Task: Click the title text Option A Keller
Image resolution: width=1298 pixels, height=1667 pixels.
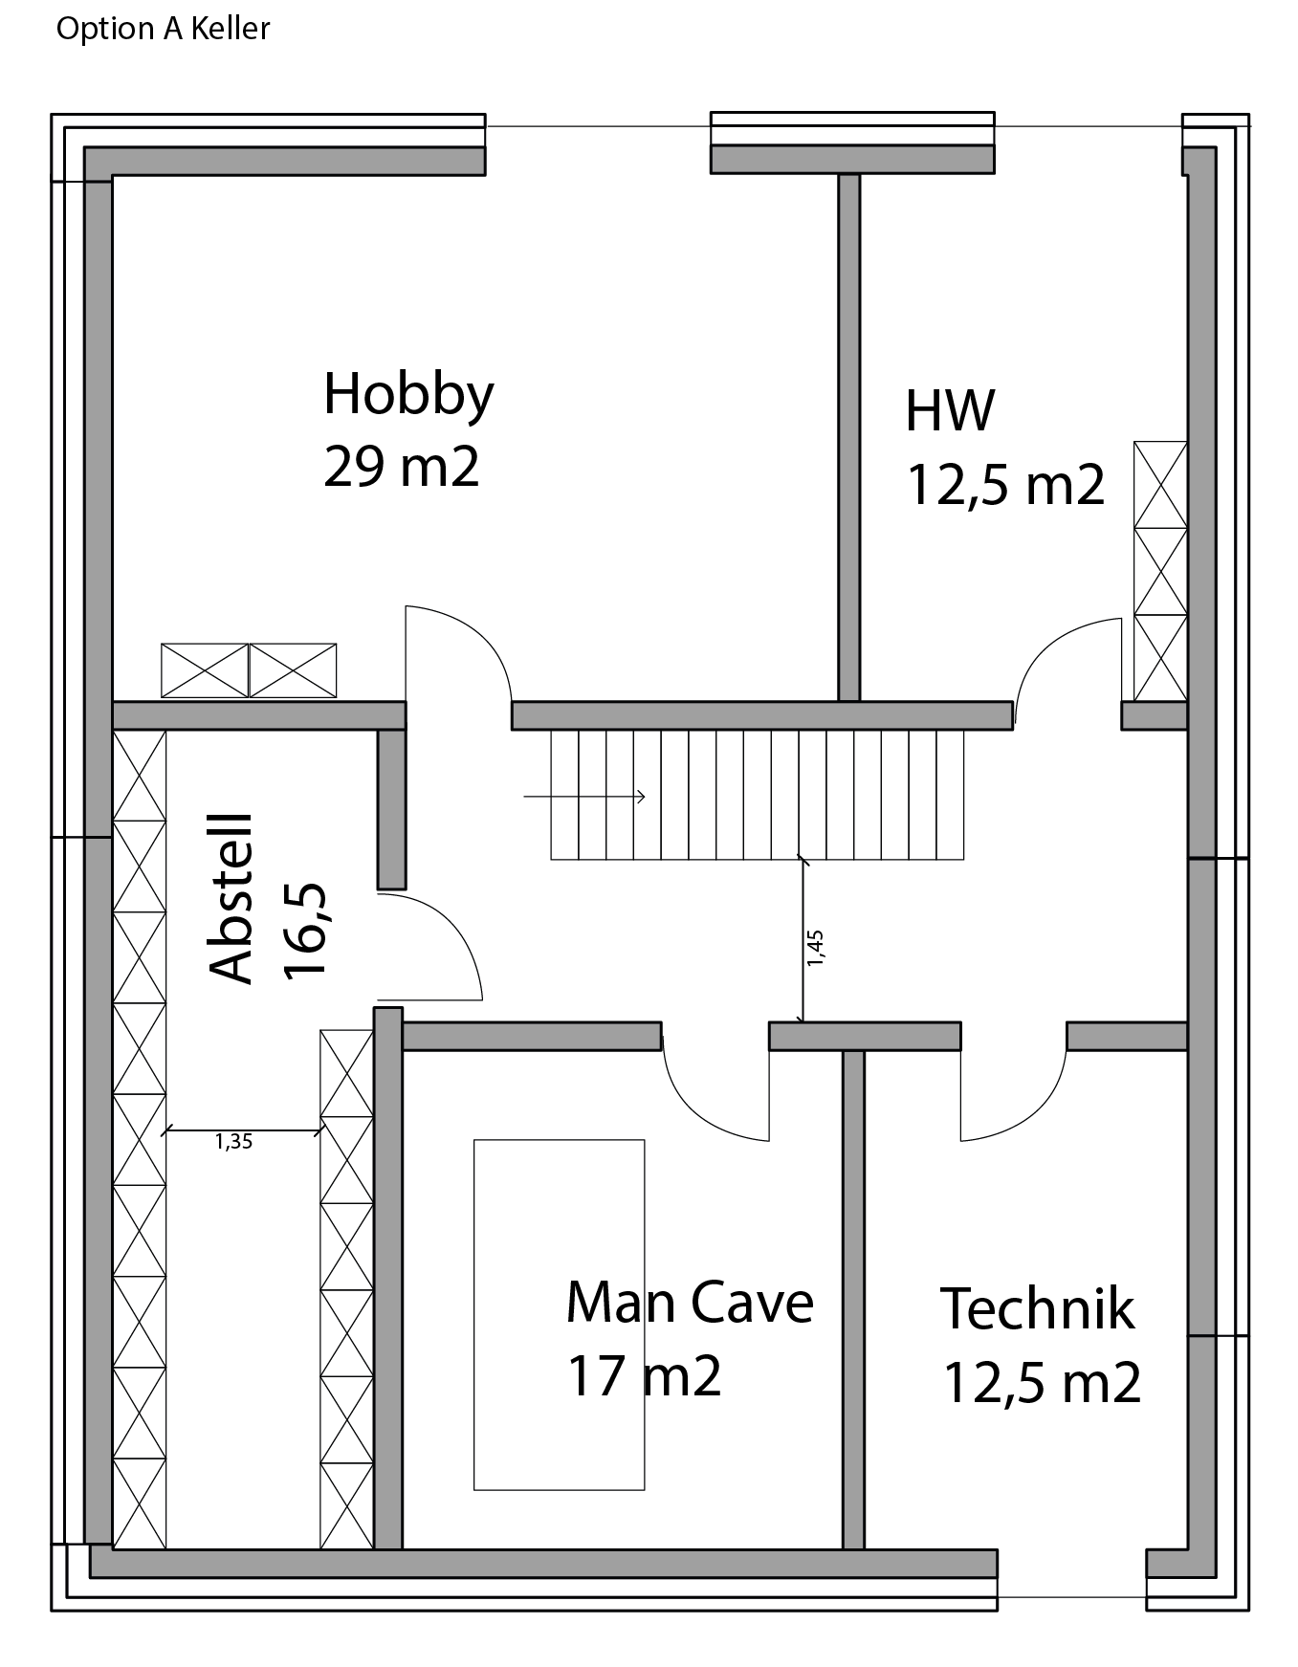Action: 163,29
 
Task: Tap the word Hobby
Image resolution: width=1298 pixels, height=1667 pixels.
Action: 408,394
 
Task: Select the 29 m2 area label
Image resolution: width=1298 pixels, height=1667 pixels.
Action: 401,467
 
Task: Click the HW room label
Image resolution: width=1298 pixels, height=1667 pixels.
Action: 950,409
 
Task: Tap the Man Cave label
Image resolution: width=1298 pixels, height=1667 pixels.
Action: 690,1302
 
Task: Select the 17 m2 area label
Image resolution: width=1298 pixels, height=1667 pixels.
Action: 644,1375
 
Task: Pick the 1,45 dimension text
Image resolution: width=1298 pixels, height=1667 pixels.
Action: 815,947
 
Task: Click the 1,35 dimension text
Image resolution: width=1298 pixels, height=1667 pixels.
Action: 233,1141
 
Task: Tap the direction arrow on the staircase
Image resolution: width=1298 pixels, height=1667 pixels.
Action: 584,797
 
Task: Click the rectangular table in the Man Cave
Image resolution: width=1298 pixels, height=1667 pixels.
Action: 560,1314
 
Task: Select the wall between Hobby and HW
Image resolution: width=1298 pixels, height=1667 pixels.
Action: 849,437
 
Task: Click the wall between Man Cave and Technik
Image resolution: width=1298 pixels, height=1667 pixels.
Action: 853,1300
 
